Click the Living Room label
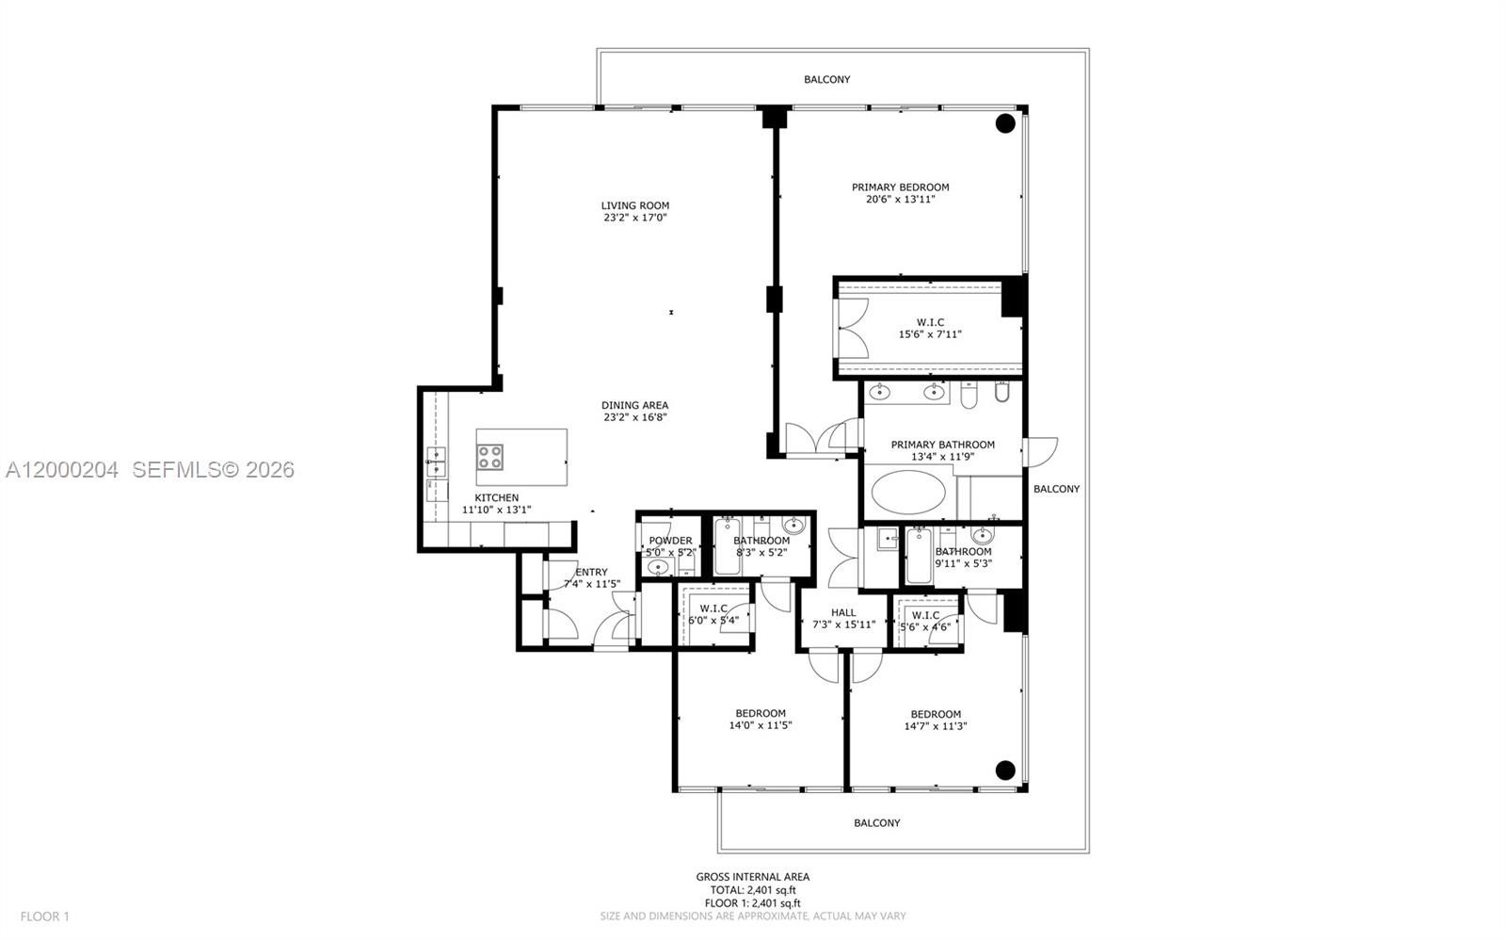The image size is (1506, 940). tap(635, 205)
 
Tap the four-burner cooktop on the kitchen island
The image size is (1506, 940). tap(489, 458)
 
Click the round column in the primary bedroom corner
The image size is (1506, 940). tap(1005, 122)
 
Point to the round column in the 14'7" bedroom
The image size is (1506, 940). tap(1005, 770)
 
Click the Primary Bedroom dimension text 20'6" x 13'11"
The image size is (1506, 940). tap(900, 200)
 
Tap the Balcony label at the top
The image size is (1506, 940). tap(826, 80)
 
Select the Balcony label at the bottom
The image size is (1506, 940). tap(876, 823)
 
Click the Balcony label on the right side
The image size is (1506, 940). tap(1056, 489)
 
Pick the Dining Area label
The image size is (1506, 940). tap(635, 405)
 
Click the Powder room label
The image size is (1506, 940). tap(670, 541)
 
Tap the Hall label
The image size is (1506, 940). tap(843, 612)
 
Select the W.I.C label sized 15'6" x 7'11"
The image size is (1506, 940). tap(930, 322)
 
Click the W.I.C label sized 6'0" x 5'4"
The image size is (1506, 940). tap(713, 608)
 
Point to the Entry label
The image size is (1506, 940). tap(591, 572)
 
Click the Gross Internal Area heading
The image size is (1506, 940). tap(752, 877)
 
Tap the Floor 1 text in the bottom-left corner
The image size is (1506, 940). tap(45, 916)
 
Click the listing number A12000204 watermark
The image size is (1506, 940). tap(62, 469)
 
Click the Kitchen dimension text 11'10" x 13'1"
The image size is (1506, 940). tap(496, 510)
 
